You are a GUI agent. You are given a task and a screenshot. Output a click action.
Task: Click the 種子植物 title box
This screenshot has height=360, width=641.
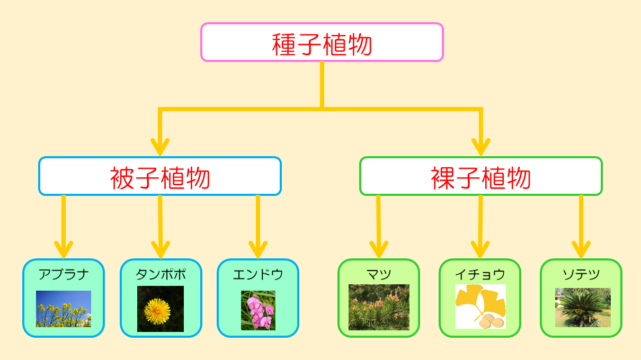tap(322, 42)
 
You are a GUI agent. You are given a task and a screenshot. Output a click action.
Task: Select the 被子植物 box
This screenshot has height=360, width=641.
tap(159, 176)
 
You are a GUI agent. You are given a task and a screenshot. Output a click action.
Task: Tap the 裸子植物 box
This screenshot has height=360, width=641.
tap(480, 176)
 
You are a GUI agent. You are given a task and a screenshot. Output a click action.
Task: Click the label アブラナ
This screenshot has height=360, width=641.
tap(64, 274)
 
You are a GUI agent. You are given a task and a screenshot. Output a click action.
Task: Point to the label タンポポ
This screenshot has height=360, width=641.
tap(161, 274)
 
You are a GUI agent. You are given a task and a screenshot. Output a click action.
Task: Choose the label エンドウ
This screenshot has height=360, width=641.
tap(258, 274)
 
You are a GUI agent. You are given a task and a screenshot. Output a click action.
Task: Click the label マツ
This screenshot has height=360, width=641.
tap(379, 274)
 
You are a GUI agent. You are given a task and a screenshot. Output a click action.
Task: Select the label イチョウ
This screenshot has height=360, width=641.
tap(480, 274)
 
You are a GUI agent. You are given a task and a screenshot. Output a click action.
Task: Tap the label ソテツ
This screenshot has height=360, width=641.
tap(581, 274)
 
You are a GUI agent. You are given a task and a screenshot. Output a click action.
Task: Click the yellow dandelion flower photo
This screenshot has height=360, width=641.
tap(161, 309)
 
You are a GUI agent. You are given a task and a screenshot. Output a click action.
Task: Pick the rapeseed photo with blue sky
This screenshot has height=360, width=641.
tap(64, 309)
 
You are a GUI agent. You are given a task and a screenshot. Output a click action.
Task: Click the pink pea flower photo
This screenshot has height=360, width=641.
tap(258, 310)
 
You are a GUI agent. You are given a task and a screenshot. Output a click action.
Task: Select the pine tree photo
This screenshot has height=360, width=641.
tap(379, 308)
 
